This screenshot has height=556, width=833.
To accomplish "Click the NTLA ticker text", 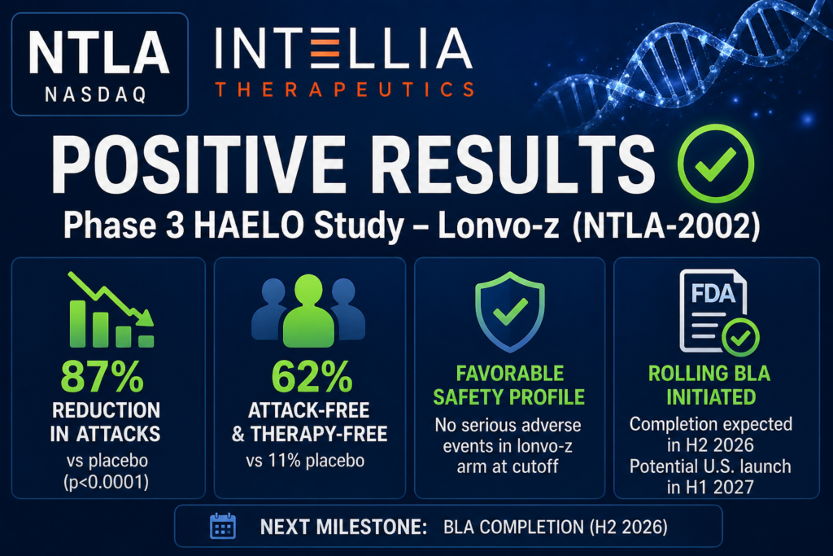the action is click(98, 52).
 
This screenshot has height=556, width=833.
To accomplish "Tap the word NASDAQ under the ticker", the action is click(96, 94).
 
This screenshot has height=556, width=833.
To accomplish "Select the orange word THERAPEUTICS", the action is click(344, 90).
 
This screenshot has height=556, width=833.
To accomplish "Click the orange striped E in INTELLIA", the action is click(325, 49).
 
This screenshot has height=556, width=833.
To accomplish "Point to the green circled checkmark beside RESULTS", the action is click(716, 163).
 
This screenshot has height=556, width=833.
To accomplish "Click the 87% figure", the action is click(102, 376).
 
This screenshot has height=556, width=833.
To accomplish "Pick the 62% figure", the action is click(312, 376).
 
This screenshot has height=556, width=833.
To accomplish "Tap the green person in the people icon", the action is click(308, 311).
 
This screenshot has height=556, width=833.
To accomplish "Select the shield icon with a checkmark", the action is click(510, 312).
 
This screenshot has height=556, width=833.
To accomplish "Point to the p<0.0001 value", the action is click(107, 483).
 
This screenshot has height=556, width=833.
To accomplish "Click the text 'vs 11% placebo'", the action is click(306, 460).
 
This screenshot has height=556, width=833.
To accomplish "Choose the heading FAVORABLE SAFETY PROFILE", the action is click(509, 385).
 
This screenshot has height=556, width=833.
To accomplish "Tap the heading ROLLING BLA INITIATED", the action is click(709, 385).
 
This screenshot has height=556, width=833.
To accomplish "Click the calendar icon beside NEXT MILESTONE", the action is click(223, 526).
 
